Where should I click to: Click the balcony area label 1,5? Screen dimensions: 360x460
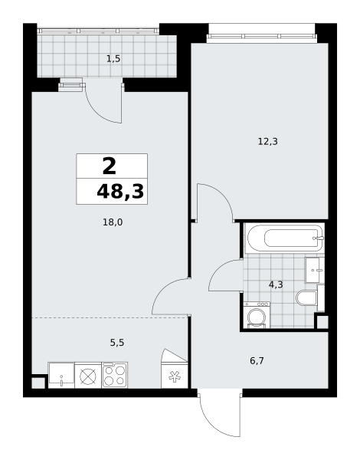[113, 59]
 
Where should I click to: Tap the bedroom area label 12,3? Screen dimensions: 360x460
[267, 142]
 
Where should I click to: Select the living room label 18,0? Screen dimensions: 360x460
[113, 222]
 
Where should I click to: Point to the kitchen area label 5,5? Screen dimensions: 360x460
[117, 343]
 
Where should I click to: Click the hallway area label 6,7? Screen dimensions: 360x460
[257, 360]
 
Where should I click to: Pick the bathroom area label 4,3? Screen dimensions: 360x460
[276, 284]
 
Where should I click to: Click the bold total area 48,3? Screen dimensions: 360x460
[120, 192]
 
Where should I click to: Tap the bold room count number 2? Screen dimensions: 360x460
[110, 166]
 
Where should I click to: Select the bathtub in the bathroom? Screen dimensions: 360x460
[285, 238]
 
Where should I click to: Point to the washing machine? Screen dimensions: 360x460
[257, 315]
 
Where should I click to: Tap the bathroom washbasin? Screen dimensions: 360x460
[315, 270]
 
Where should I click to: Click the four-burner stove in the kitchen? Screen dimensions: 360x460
[115, 375]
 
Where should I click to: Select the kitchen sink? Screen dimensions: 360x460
[61, 375]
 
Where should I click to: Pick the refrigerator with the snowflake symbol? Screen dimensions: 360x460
[175, 375]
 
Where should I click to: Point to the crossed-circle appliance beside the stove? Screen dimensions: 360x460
[88, 376]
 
